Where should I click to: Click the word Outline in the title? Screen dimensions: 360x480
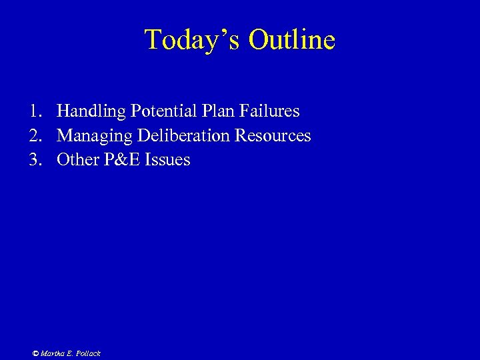292,40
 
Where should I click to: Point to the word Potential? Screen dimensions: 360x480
159,111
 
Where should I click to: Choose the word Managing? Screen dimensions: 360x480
95,136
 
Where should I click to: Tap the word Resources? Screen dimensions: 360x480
273,136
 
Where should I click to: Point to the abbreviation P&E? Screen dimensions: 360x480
121,160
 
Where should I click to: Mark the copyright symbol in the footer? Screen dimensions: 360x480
35,353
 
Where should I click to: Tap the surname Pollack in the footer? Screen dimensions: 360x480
88,353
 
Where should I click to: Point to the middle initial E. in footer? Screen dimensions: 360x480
70,353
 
